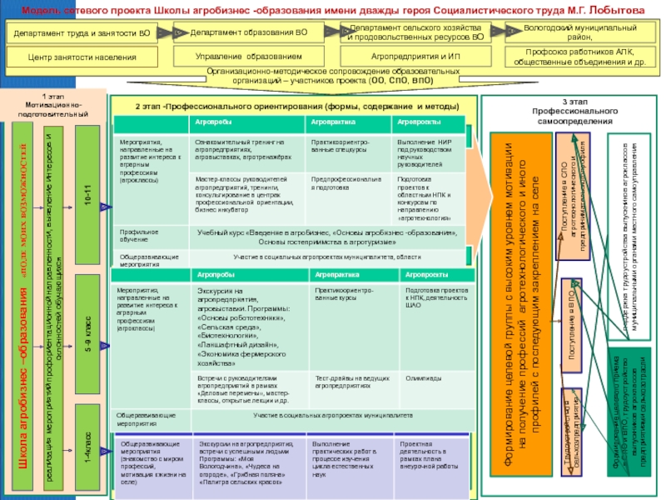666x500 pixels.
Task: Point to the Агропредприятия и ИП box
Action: coord(415,56)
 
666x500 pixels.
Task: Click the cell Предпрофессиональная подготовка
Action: coord(345,183)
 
